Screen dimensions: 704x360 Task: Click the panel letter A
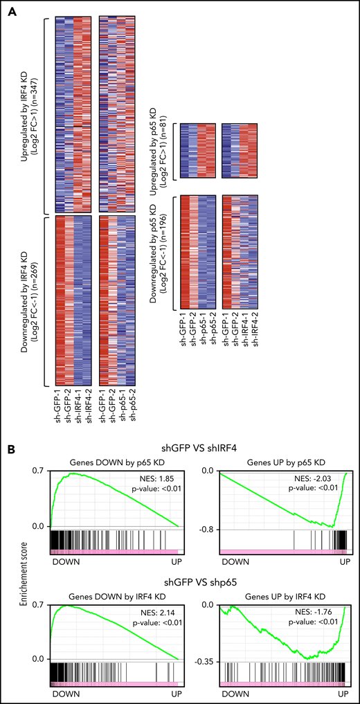tap(12, 11)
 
